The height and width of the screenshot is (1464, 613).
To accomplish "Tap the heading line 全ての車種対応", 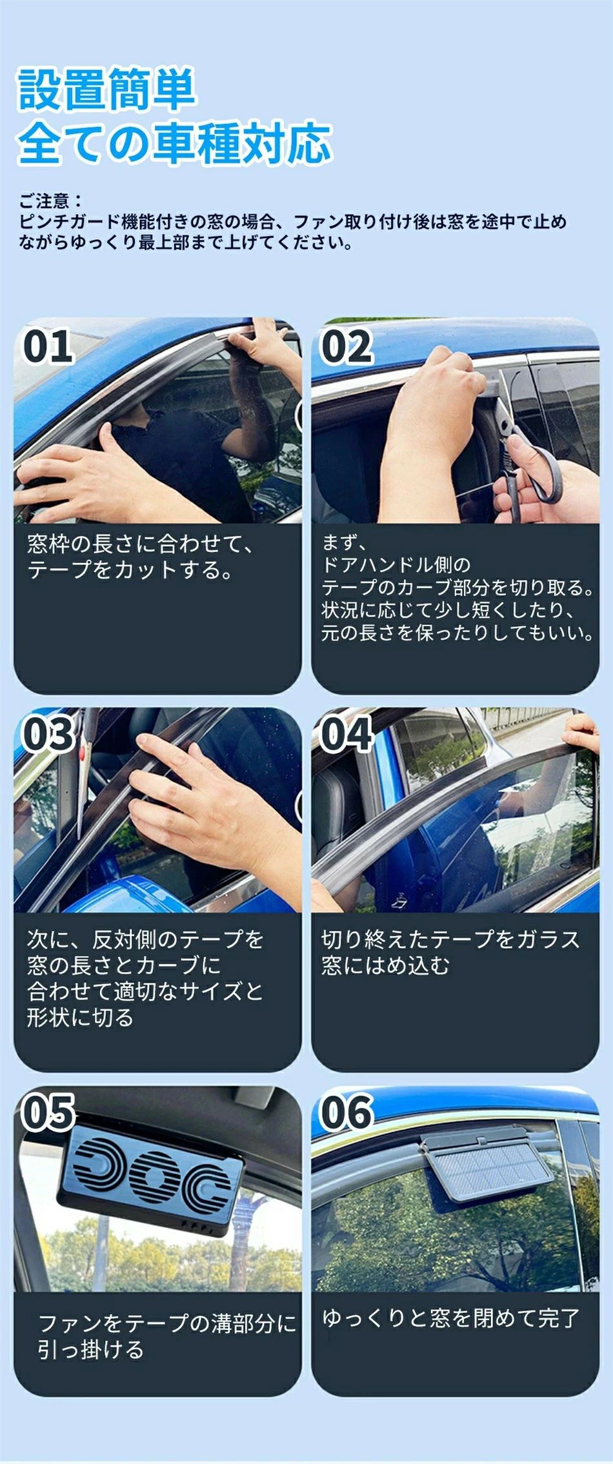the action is click(174, 141).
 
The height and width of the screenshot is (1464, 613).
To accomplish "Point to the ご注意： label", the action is click(51, 201).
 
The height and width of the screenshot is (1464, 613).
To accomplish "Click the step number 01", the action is click(47, 346).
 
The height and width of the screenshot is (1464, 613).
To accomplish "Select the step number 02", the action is click(347, 346).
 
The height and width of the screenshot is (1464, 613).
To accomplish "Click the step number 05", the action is click(48, 1112).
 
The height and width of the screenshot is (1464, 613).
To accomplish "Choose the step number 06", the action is click(347, 1112).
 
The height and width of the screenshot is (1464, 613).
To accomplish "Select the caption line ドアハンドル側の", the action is click(396, 564).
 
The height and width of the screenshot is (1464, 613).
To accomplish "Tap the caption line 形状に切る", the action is click(80, 1017).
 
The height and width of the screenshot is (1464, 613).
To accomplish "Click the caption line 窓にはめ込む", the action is click(385, 965).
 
